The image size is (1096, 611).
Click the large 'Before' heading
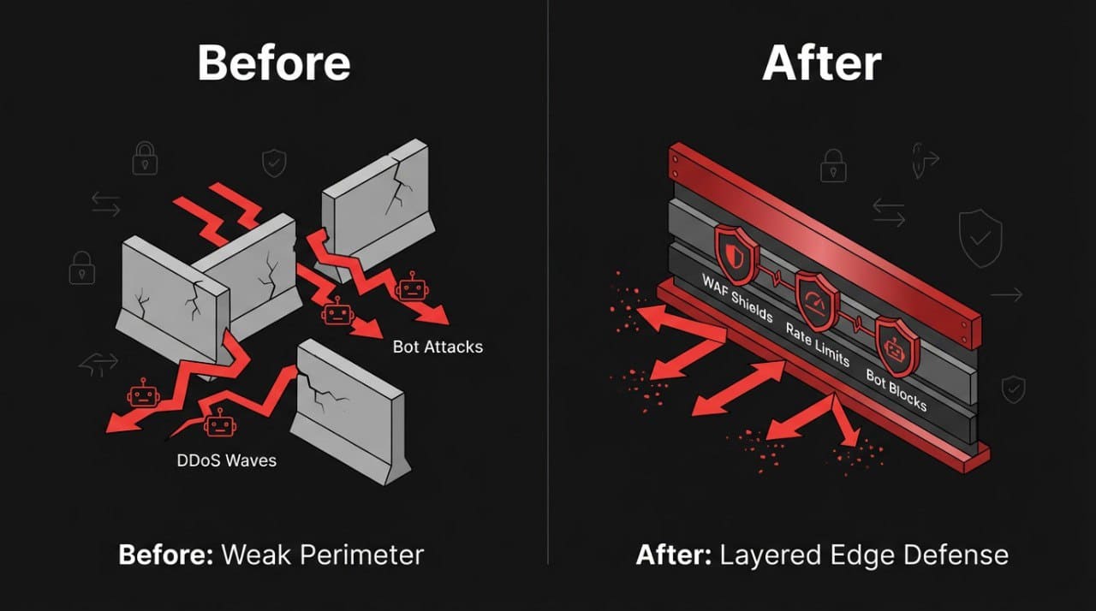[273, 62]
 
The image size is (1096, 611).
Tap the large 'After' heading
[821, 62]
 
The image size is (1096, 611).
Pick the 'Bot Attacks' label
[438, 347]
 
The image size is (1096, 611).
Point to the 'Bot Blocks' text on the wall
[896, 389]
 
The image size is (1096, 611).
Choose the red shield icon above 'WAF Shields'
[736, 250]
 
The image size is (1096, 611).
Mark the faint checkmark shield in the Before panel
[274, 163]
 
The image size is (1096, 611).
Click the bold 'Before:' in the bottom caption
[165, 555]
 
